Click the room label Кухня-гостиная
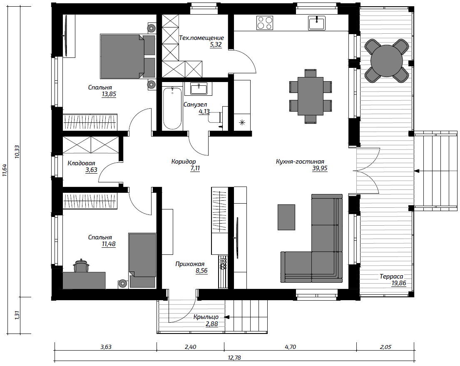[x=300, y=162]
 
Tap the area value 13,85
[x=109, y=94]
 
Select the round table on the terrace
[x=387, y=61]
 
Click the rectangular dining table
[x=311, y=96]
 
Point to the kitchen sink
[x=316, y=23]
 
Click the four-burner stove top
[x=265, y=23]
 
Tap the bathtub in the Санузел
[x=172, y=108]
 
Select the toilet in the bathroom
[x=218, y=118]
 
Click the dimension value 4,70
[x=290, y=347]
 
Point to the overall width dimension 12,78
[x=234, y=358]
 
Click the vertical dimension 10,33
[x=17, y=152]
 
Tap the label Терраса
[x=391, y=276]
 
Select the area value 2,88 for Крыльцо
[x=211, y=324]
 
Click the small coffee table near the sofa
[x=286, y=217]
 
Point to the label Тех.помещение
[x=201, y=38]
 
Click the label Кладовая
[x=81, y=163]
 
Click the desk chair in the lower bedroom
[x=81, y=266]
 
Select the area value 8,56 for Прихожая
[x=201, y=271]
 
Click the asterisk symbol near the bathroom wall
[x=242, y=123]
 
